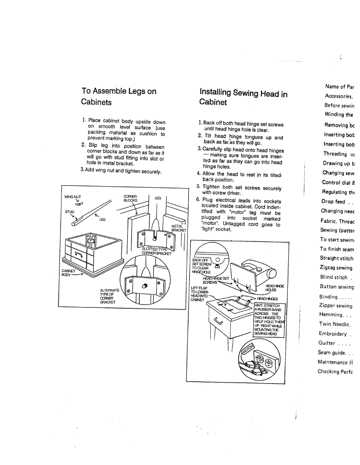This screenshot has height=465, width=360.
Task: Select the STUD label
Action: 71,212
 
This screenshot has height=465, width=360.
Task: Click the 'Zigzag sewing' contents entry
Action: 336,268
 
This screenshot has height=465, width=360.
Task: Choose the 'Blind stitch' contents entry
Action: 336,277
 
